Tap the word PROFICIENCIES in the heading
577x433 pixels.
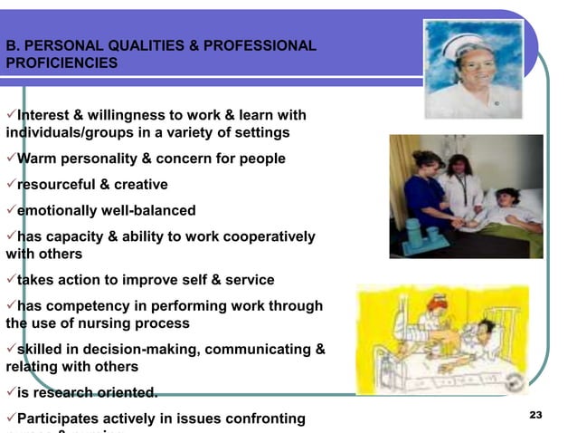click(x=61, y=63)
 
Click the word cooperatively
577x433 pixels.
click(x=266, y=236)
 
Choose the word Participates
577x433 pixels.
click(x=62, y=419)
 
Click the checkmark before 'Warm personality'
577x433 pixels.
click(x=11, y=159)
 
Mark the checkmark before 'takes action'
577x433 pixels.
click(x=11, y=280)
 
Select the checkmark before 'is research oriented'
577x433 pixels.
click(x=11, y=392)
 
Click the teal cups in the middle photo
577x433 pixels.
click(x=417, y=240)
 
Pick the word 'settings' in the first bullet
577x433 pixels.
click(x=263, y=133)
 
